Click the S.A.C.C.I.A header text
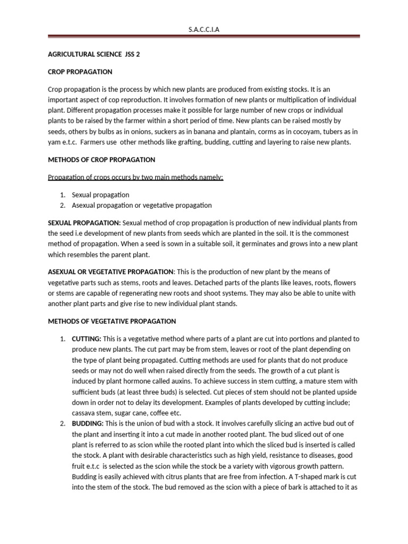pyautogui.click(x=204, y=30)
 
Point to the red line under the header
pyautogui.click(x=204, y=37)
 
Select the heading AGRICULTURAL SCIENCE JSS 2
pyautogui.click(x=95, y=54)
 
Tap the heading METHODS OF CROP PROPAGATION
pyautogui.click(x=101, y=159)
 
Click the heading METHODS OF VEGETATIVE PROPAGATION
pyautogui.click(x=112, y=321)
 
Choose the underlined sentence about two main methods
pyautogui.click(x=136, y=177)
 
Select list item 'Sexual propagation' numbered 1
pyautogui.click(x=100, y=195)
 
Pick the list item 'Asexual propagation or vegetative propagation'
pyautogui.click(x=142, y=205)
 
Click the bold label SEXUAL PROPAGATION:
pyautogui.click(x=84, y=223)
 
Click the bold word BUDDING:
pyautogui.click(x=87, y=423)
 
